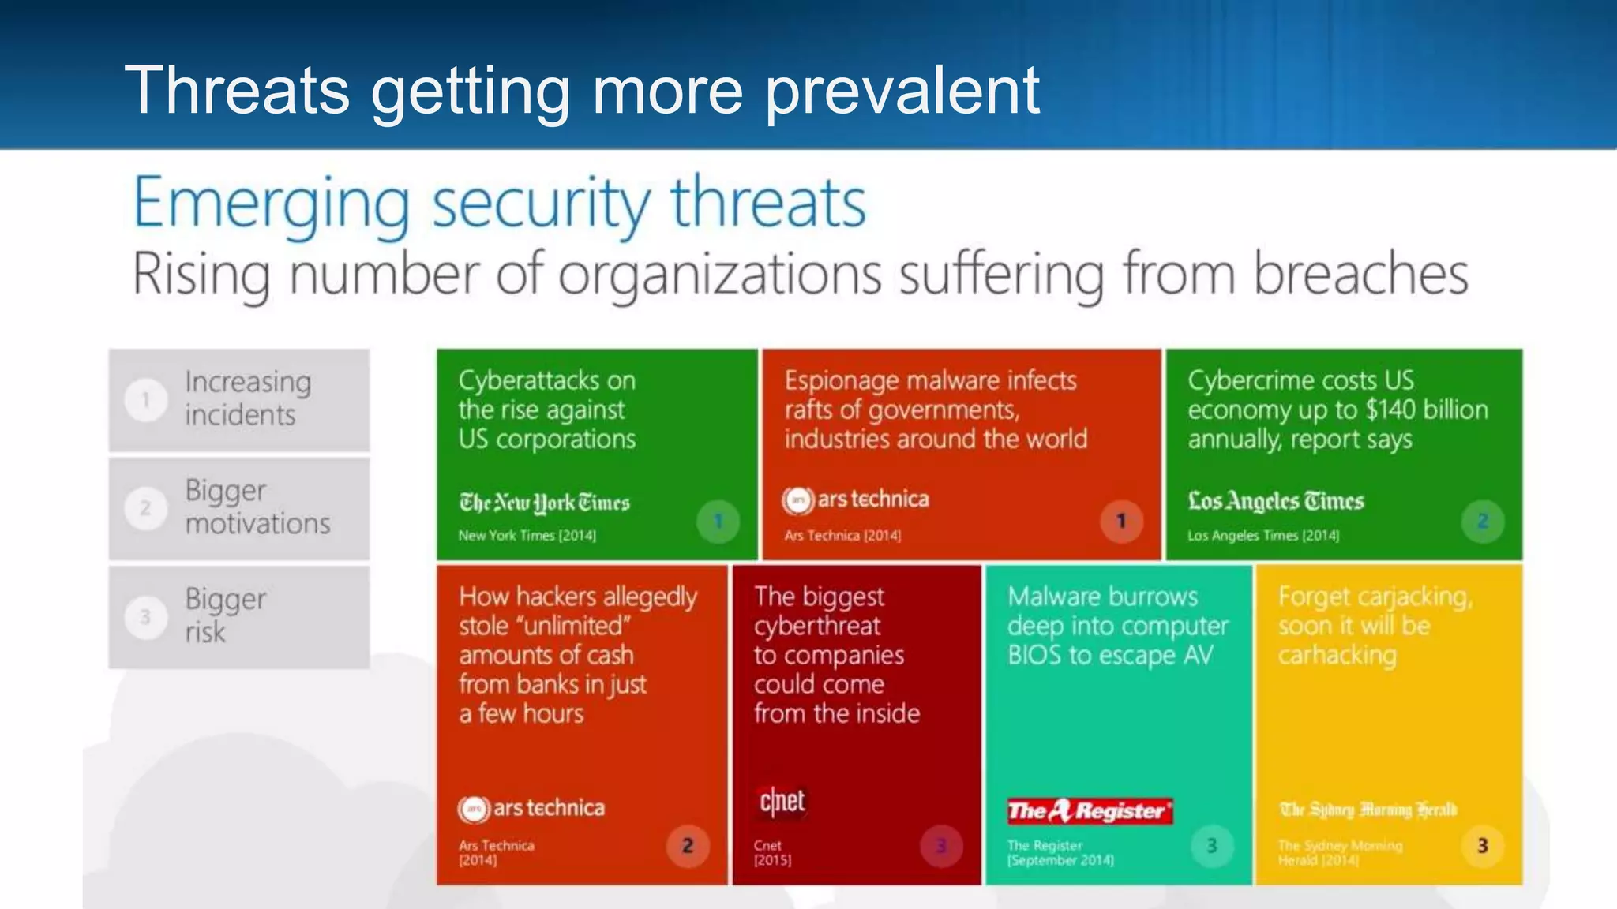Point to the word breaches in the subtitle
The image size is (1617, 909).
coord(1360,275)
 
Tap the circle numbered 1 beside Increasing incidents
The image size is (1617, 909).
coord(145,400)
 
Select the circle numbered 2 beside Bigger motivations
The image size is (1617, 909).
coord(145,508)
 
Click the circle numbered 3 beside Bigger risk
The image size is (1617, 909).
coord(145,616)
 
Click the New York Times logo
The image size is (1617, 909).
coord(544,503)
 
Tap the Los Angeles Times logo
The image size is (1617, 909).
coord(1276,501)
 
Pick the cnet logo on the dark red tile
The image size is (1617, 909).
coord(782,802)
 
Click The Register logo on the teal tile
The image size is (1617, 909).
coord(1090,810)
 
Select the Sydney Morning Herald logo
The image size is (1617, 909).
coord(1368,810)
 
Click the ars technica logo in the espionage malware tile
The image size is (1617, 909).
coord(856,499)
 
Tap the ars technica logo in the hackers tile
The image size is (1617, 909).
coord(531,808)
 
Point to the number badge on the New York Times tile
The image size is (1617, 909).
coord(718,521)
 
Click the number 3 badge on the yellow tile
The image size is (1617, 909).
coord(1482,846)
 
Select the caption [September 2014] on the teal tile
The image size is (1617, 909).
coord(1060,860)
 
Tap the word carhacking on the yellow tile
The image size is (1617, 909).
coord(1337,655)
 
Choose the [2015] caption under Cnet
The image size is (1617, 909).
coord(772,860)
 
